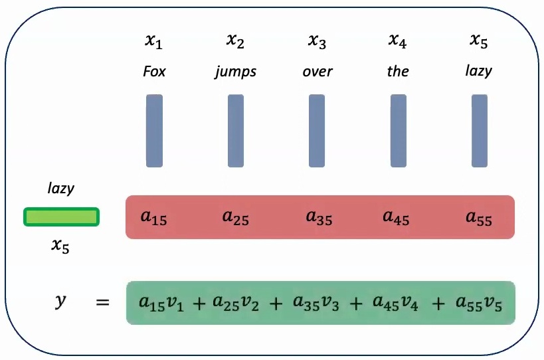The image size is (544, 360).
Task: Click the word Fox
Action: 154,72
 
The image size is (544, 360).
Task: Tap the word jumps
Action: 235,72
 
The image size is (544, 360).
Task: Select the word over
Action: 317,72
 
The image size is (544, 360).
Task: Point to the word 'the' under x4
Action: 398,72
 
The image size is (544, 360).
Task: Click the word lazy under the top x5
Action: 478,71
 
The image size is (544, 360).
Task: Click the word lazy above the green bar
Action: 60,189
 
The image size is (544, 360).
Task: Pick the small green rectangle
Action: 61,217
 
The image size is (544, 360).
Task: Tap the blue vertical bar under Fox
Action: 154,131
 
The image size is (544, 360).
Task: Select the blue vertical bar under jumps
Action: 236,131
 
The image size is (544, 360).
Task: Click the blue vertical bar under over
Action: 317,131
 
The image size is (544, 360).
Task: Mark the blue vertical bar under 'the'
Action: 399,131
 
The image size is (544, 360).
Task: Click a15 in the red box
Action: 154,217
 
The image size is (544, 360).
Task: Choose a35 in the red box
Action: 319,217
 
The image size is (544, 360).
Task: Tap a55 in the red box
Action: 479,217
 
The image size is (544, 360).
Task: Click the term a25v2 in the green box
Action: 236,304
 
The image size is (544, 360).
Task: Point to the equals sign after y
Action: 102,304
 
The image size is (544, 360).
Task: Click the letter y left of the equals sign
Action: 60,302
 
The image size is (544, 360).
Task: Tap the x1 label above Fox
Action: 154,42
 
